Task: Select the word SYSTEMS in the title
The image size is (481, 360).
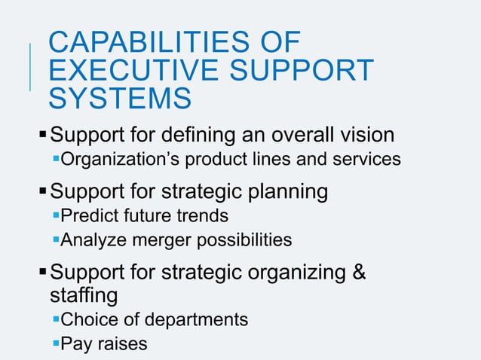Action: pyautogui.click(x=119, y=98)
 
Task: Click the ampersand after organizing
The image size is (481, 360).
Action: pyautogui.click(x=359, y=272)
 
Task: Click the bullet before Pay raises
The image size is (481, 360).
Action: pyautogui.click(x=55, y=343)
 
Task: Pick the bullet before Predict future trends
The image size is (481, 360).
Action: pyautogui.click(x=55, y=215)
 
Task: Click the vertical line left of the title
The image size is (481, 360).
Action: pyautogui.click(x=30, y=68)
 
